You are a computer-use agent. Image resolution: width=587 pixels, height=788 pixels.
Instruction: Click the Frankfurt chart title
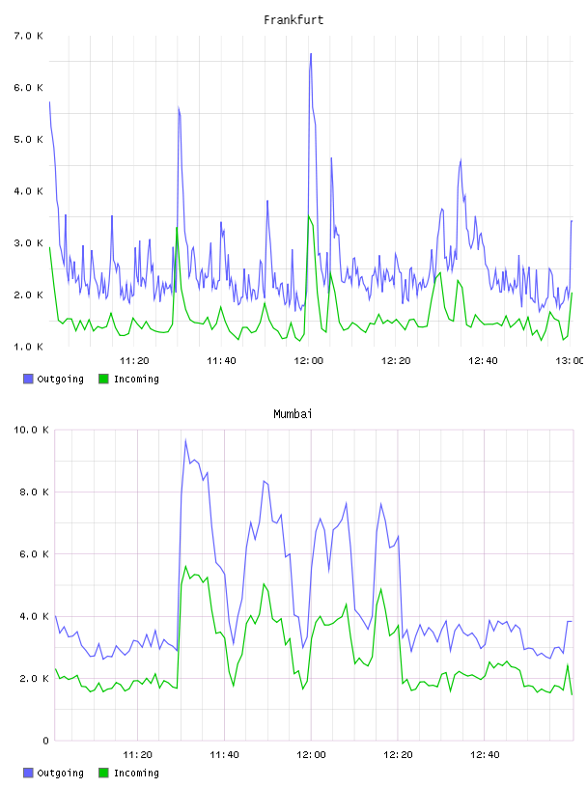293,20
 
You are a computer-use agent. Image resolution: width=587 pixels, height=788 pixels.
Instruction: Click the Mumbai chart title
293,414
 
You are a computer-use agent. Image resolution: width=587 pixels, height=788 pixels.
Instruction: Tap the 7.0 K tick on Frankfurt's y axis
29,36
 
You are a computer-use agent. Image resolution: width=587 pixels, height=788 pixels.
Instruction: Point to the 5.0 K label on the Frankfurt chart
29,139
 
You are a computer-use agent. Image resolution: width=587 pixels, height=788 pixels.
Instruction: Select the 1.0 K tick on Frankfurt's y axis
29,347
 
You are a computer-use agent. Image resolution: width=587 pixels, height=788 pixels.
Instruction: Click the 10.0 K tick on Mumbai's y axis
31,430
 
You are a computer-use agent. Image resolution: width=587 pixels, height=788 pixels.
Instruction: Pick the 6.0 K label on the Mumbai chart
34,553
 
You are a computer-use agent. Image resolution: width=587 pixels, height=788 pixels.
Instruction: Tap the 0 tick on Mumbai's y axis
45,741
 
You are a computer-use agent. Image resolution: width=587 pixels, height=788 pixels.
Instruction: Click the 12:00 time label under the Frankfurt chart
309,361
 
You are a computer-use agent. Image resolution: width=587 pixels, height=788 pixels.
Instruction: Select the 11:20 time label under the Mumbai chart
137,755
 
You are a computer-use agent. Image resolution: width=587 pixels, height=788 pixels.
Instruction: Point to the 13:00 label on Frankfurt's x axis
570,361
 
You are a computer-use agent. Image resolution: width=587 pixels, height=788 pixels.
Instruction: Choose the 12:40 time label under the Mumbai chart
485,755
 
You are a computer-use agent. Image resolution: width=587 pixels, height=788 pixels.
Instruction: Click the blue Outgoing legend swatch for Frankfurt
28,379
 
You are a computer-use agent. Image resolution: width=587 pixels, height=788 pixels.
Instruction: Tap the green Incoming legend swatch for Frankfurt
103,379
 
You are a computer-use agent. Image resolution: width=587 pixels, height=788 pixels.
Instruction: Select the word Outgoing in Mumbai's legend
60,773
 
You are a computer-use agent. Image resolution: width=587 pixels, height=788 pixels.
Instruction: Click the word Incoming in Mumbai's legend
136,773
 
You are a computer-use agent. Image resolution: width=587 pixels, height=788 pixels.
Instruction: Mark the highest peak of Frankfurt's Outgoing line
311,54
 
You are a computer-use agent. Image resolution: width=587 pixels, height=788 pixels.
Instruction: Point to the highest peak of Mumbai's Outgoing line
185,440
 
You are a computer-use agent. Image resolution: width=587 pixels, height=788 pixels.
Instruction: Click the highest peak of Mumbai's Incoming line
185,566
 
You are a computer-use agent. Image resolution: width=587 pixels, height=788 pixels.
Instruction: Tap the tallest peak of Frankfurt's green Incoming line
309,216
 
